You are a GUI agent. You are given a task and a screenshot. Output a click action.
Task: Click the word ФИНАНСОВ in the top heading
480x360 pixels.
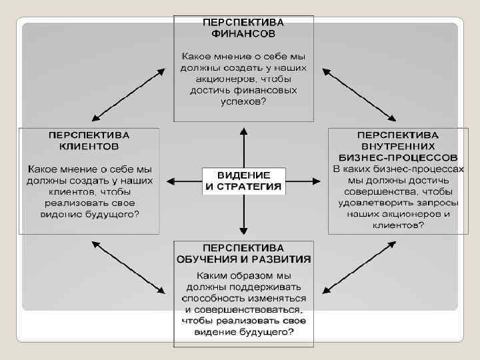point(243,32)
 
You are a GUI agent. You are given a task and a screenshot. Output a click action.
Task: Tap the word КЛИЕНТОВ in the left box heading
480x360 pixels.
point(89,145)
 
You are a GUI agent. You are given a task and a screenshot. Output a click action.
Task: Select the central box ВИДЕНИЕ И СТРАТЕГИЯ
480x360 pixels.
point(243,180)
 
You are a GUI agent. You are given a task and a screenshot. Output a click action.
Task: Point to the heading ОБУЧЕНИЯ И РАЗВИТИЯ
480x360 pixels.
point(243,259)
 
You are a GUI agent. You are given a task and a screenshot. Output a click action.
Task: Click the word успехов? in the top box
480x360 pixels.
point(243,101)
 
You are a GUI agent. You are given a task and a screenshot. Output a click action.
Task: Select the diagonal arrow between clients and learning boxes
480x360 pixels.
point(129,267)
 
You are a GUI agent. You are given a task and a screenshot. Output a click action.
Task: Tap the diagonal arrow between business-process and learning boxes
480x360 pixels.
point(357,267)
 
